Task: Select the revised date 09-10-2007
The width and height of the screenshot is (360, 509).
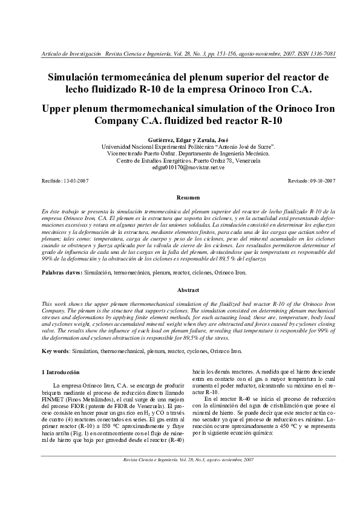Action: click(322, 181)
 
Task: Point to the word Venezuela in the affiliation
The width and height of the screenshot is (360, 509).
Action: click(246, 160)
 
